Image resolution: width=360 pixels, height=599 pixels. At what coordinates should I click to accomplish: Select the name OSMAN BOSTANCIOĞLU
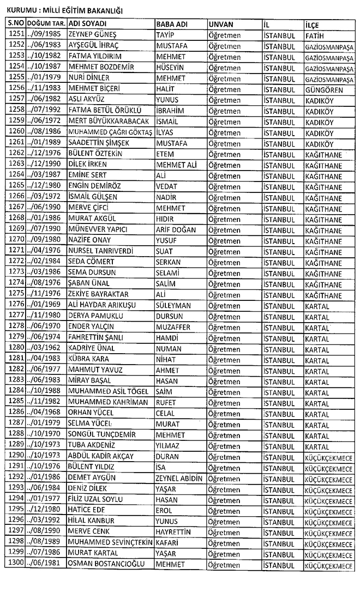coord(107,564)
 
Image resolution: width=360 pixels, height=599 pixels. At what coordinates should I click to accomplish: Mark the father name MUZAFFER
coord(173,326)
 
